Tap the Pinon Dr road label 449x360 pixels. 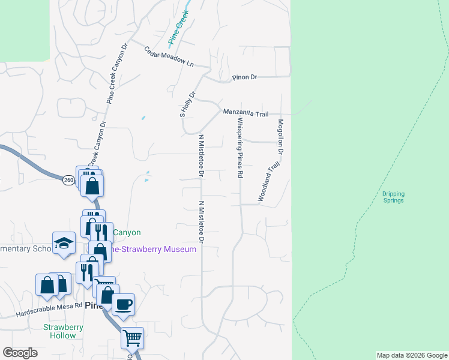click(x=245, y=78)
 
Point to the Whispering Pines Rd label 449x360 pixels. click(x=240, y=148)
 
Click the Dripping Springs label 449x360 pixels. click(x=393, y=197)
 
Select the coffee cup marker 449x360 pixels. click(x=124, y=304)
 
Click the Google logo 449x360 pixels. click(x=20, y=353)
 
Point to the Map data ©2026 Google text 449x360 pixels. click(x=411, y=355)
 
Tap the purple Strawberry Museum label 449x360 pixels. click(x=154, y=249)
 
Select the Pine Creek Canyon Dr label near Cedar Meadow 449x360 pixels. click(x=117, y=74)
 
